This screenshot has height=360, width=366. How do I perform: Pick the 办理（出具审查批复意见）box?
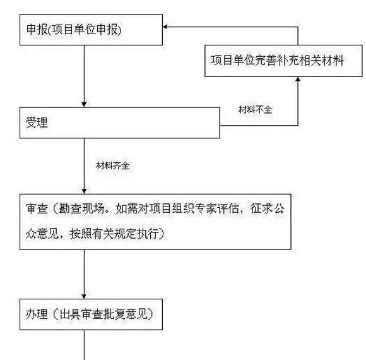click(92, 313)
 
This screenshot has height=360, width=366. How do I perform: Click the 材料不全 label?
click(254, 109)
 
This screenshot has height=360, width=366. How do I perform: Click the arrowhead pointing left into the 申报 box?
click(166, 27)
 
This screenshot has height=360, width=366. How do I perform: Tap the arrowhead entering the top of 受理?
click(84, 104)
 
